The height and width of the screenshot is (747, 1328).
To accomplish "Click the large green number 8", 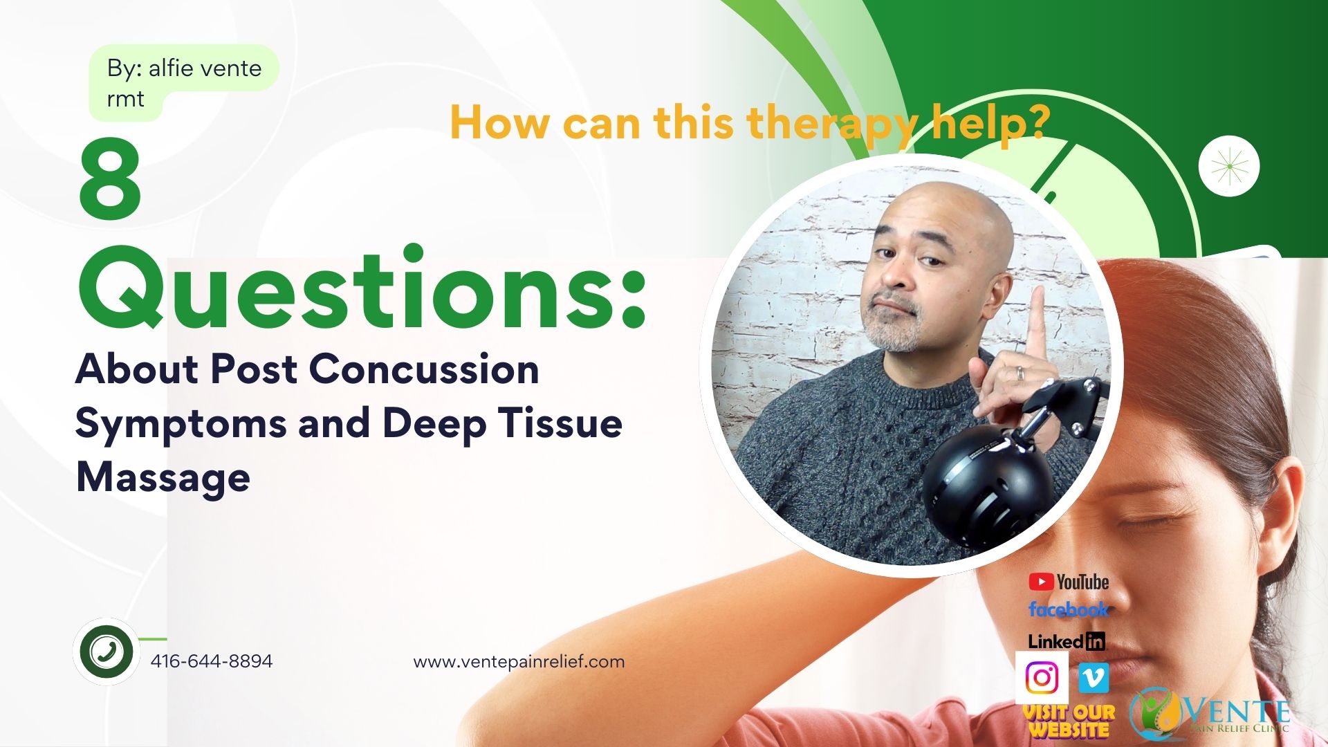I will tap(110, 181).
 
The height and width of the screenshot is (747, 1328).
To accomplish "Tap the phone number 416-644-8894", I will tap(212, 661).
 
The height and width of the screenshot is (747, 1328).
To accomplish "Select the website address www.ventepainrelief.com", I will tap(519, 662).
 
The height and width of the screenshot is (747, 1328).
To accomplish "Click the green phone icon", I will tap(106, 651).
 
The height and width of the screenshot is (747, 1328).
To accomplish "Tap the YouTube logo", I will tap(1069, 582).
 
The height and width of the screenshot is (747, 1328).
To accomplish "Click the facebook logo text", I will tap(1069, 609).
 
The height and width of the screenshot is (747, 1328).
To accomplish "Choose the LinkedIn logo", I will tap(1066, 641).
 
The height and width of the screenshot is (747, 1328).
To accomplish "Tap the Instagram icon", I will tap(1042, 678).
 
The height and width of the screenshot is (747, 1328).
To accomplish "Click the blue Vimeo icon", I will tap(1093, 678).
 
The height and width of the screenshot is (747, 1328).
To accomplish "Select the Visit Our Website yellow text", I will tap(1069, 721).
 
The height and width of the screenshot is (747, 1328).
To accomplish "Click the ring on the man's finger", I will tap(1020, 373).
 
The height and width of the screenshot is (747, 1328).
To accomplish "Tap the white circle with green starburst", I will tap(1228, 166).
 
